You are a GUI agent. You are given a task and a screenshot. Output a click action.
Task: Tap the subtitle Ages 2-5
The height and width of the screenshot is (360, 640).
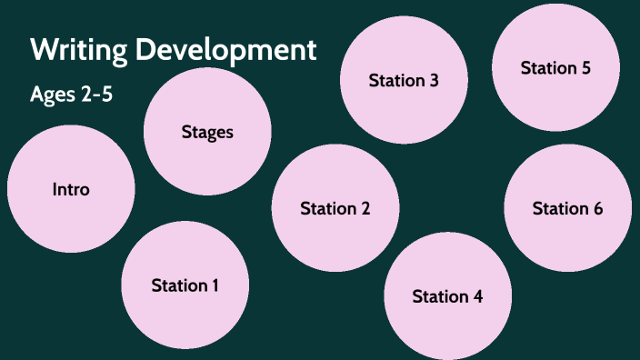pyautogui.click(x=71, y=94)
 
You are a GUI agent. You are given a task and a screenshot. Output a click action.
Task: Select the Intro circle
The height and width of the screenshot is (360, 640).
pyautogui.click(x=71, y=189)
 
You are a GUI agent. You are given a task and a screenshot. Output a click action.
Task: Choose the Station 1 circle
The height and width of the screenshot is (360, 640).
pyautogui.click(x=185, y=285)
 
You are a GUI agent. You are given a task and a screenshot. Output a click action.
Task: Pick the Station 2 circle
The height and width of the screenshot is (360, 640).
pyautogui.click(x=335, y=208)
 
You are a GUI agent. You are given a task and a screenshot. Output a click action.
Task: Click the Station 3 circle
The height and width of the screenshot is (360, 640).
pyautogui.click(x=404, y=80)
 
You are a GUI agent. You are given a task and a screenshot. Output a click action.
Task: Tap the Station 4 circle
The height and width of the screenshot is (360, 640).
pyautogui.click(x=447, y=296)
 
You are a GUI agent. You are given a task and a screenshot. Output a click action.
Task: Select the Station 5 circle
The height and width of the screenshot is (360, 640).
pyautogui.click(x=555, y=68)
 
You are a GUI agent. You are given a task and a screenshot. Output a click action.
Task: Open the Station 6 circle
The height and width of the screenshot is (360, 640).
pyautogui.click(x=567, y=208)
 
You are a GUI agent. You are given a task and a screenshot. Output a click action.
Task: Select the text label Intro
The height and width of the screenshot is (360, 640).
pyautogui.click(x=71, y=189)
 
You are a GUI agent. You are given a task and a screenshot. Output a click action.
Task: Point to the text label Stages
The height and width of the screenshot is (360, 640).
pyautogui.click(x=207, y=132)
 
